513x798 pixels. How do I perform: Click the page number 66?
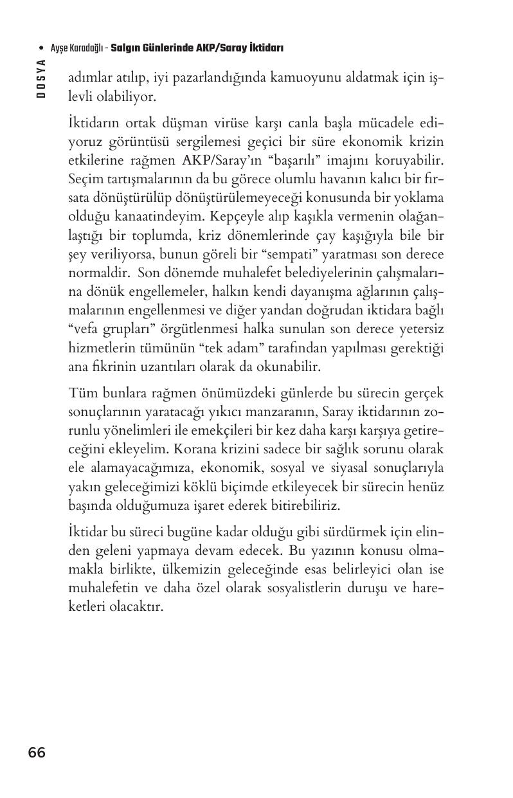pyautogui.click(x=37, y=752)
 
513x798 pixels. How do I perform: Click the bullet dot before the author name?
pyautogui.click(x=42, y=48)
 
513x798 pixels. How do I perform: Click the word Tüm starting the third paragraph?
pyautogui.click(x=81, y=392)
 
